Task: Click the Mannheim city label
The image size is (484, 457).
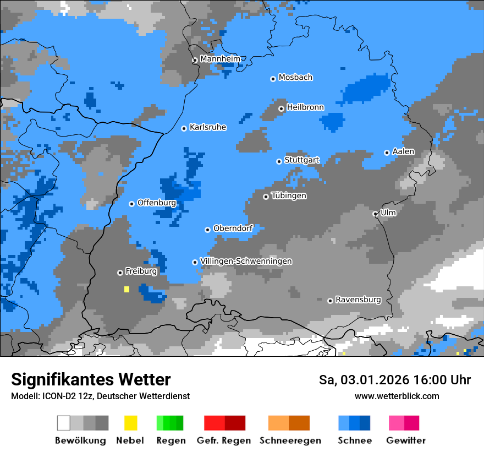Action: tap(220, 59)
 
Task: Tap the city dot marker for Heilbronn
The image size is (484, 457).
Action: tap(281, 108)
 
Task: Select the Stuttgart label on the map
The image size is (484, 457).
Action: tap(301, 160)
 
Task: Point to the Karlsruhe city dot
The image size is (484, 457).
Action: tap(184, 128)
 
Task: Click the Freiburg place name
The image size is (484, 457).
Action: tap(141, 271)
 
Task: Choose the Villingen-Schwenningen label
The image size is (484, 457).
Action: tap(246, 261)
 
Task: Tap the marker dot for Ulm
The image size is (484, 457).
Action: tap(375, 214)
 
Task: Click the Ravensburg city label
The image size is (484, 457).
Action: tap(358, 300)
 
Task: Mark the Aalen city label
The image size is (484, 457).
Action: tap(403, 151)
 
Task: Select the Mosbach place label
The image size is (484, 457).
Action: tap(295, 78)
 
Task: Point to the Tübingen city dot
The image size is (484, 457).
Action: tap(266, 197)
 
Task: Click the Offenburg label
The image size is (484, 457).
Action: tap(157, 203)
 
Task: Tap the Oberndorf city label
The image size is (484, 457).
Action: tap(233, 228)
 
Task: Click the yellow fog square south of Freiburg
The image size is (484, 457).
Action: tap(127, 289)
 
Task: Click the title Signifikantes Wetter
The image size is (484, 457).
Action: tap(91, 379)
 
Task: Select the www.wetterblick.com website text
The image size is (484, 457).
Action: tap(397, 396)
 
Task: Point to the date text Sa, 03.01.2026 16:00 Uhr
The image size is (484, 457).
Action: tap(394, 380)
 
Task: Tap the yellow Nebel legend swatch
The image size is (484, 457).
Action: tap(130, 423)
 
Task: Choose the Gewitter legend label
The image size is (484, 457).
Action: tap(405, 440)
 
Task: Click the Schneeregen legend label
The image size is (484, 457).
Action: tap(290, 440)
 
